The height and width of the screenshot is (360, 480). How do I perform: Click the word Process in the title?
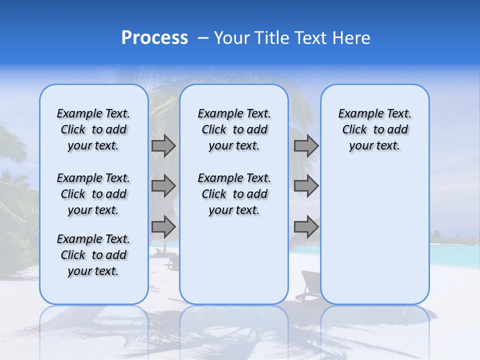pyautogui.click(x=154, y=38)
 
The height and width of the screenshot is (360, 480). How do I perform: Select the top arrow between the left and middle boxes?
pyautogui.click(x=163, y=146)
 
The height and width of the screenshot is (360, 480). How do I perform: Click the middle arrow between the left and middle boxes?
pyautogui.click(x=163, y=186)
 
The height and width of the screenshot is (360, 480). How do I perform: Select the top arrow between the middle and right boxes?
pyautogui.click(x=306, y=146)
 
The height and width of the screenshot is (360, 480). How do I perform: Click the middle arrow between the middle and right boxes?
pyautogui.click(x=306, y=186)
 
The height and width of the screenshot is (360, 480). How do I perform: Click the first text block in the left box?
pyautogui.click(x=93, y=129)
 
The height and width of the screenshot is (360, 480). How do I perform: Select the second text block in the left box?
pyautogui.click(x=93, y=194)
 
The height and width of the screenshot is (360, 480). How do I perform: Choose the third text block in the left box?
pyautogui.click(x=93, y=255)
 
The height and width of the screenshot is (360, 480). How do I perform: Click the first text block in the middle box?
pyautogui.click(x=234, y=129)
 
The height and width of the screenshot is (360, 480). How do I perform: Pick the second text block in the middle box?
pyautogui.click(x=234, y=194)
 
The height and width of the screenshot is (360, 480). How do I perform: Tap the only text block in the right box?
pyautogui.click(x=374, y=129)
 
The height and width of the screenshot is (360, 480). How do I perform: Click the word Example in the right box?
pyautogui.click(x=357, y=114)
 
